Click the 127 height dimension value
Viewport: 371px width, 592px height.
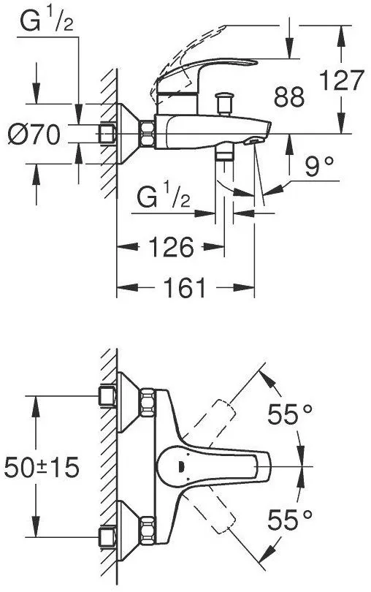342,80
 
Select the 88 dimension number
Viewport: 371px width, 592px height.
289,97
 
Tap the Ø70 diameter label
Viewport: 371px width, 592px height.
34,134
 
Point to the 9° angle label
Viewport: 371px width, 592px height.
319,167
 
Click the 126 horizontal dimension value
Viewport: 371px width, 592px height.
171,247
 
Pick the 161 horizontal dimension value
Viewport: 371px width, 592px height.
185,288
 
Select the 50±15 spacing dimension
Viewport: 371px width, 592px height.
42,467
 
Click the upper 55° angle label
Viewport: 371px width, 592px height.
290,414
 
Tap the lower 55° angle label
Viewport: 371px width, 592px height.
290,520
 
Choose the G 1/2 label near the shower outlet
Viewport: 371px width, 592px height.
164,197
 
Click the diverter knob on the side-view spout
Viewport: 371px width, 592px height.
223,104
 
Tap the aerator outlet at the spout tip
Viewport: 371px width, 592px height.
252,142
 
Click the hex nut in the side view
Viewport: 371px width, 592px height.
148,134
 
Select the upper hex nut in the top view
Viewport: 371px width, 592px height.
148,403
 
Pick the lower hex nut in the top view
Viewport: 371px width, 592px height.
148,531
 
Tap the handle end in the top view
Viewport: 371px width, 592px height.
264,466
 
